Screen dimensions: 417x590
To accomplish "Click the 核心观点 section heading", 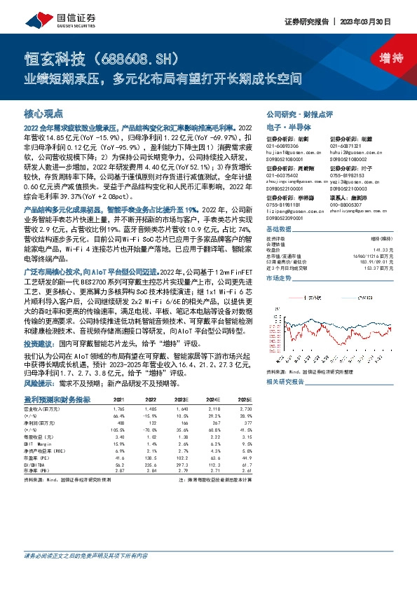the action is click(43, 112).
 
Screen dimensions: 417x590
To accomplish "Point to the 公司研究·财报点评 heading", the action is click(299, 113).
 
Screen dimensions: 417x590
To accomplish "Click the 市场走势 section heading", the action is click(280, 297).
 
